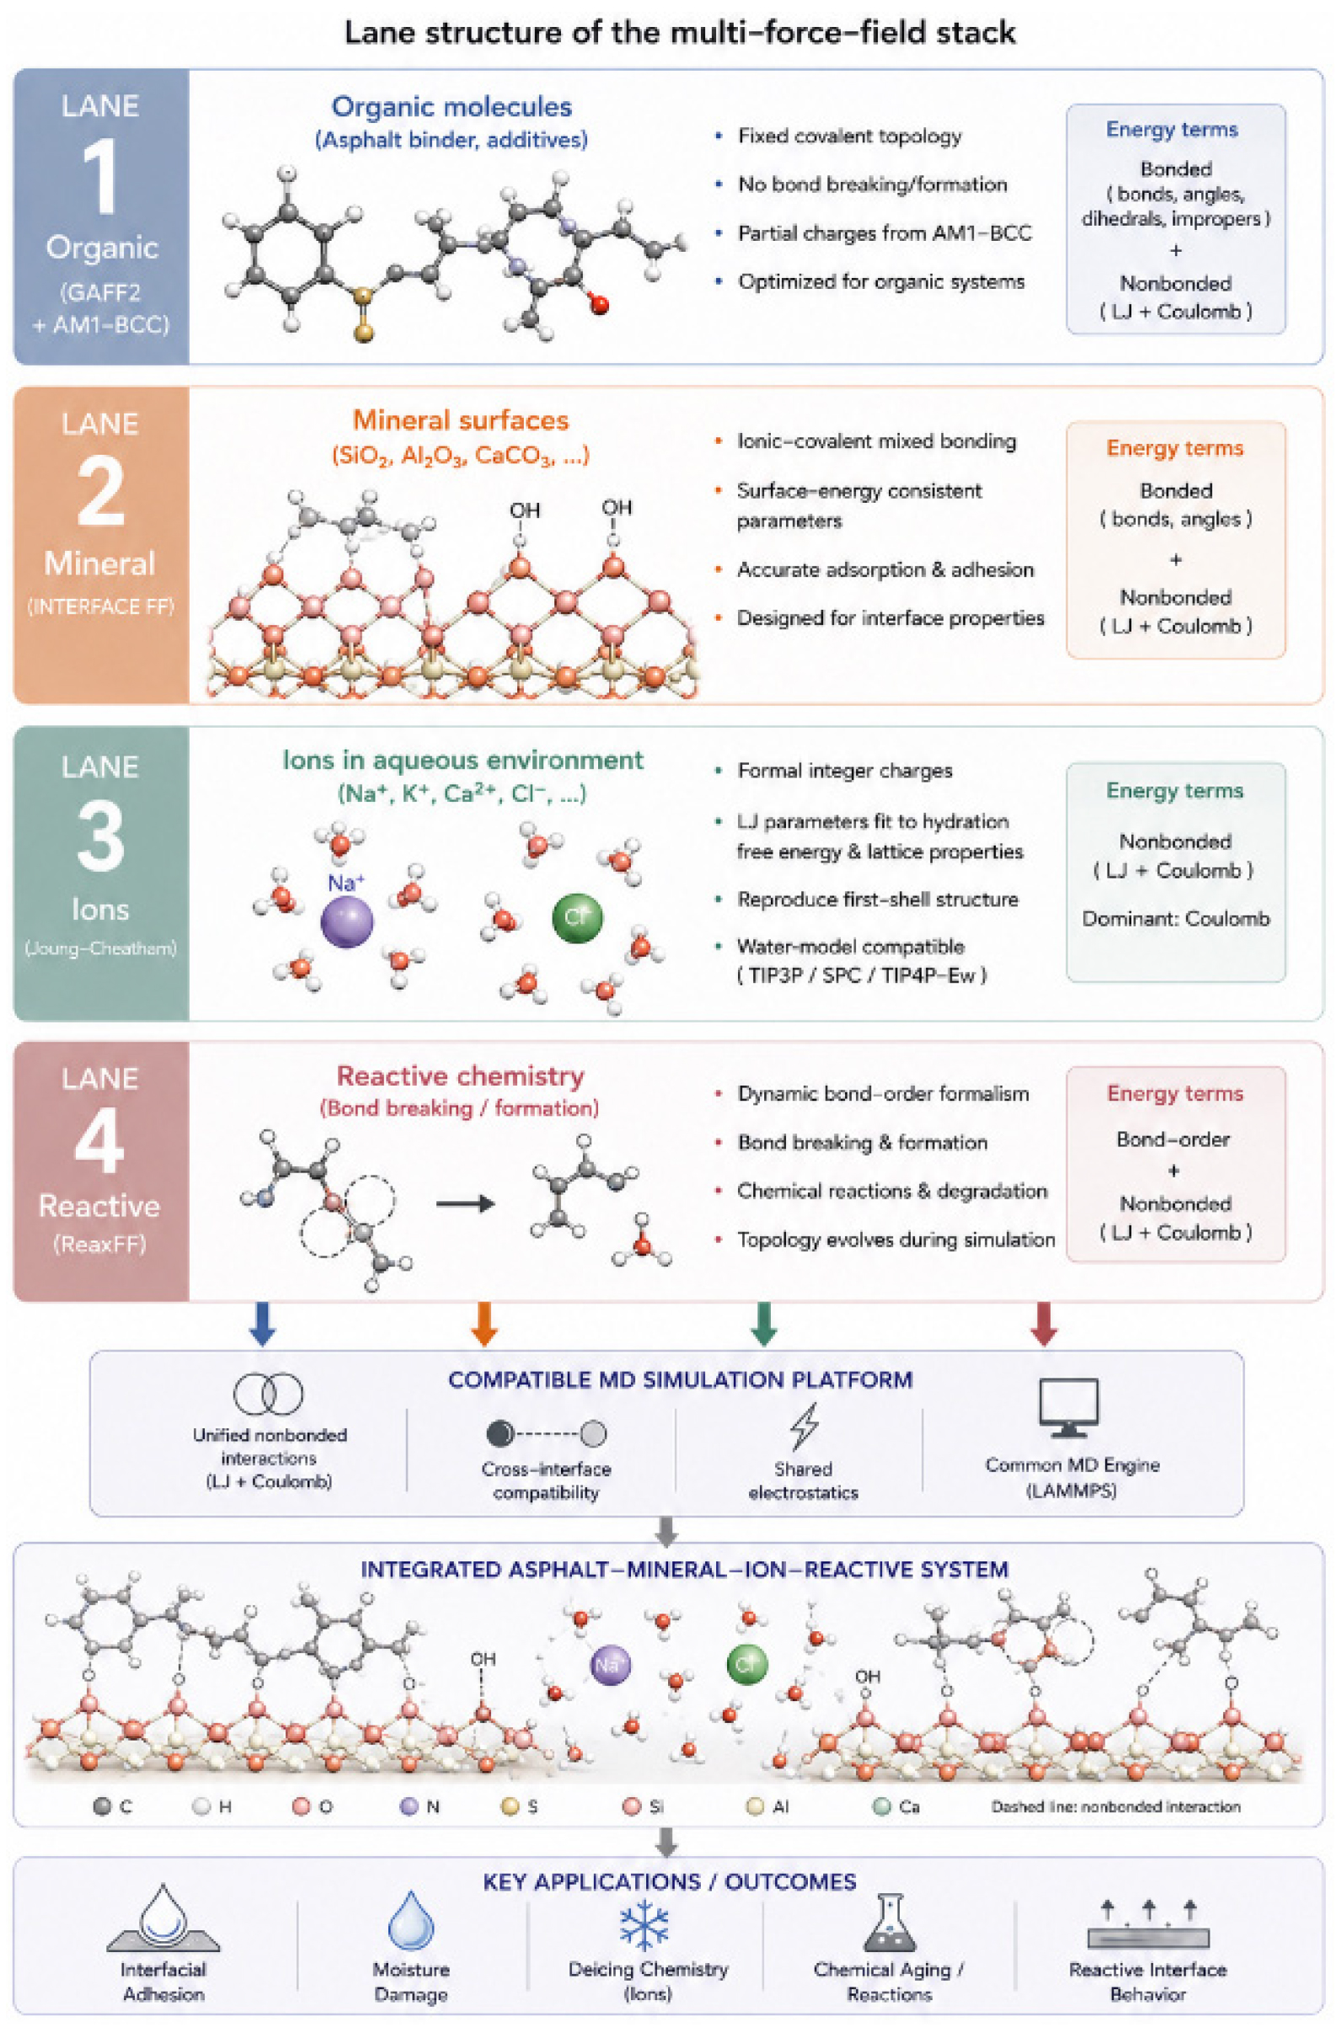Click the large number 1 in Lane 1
(101, 177)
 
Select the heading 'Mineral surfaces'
(461, 420)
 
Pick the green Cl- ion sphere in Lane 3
(578, 917)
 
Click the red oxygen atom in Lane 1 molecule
(599, 302)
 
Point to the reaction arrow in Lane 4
(466, 1204)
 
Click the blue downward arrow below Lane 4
(262, 1324)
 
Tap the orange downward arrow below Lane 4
(484, 1324)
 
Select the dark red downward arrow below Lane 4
(1044, 1324)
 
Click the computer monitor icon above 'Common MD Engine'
(1069, 1407)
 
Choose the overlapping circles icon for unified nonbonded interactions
(269, 1394)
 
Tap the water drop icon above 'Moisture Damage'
(412, 1920)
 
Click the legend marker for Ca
(882, 1806)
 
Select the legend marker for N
(410, 1806)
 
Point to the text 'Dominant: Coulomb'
(1176, 919)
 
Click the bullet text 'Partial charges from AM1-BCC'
(885, 232)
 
